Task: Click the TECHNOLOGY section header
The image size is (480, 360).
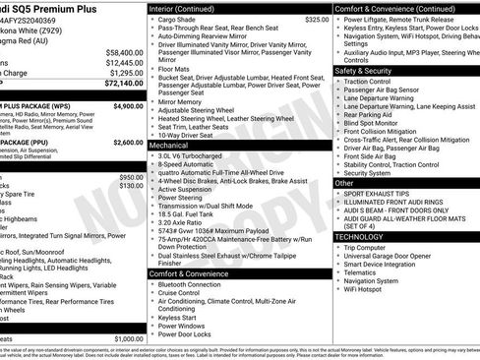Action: [360, 237]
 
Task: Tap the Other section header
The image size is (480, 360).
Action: [345, 183]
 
